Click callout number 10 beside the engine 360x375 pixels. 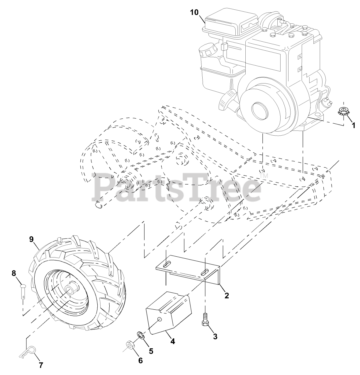[x=194, y=12]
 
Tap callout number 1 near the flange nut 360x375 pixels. [x=353, y=125]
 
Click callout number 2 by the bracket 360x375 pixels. [x=227, y=295]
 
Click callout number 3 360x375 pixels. [x=215, y=337]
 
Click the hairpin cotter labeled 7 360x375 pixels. [x=29, y=352]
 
